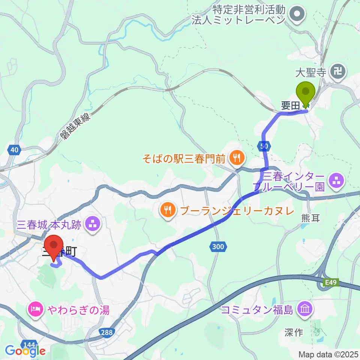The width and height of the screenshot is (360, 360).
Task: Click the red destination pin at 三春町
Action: point(54,247)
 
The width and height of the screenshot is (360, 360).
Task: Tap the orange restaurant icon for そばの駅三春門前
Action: point(236,158)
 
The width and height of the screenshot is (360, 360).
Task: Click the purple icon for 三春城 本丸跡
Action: point(92,225)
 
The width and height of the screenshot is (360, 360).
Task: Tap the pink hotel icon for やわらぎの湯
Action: point(36,310)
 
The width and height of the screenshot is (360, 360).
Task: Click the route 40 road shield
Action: point(14,150)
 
